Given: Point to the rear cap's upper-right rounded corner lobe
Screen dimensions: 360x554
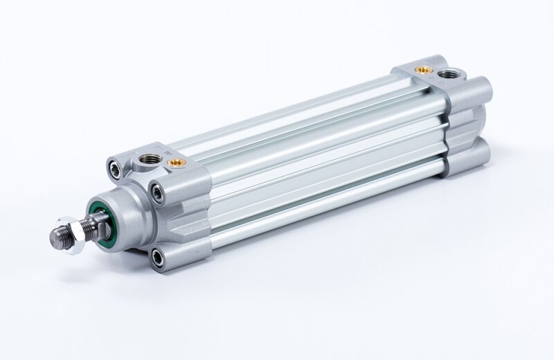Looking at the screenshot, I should tap(479, 89).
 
